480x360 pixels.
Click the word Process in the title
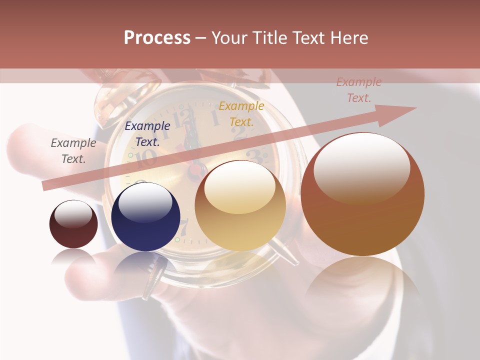pyautogui.click(x=157, y=38)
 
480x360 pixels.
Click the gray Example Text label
pyautogui.click(x=73, y=151)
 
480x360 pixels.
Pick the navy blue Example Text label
pyautogui.click(x=147, y=134)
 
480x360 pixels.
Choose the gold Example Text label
pyautogui.click(x=241, y=113)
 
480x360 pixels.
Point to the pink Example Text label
pyautogui.click(x=358, y=90)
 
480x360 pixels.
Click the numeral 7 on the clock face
pyautogui.click(x=183, y=227)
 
